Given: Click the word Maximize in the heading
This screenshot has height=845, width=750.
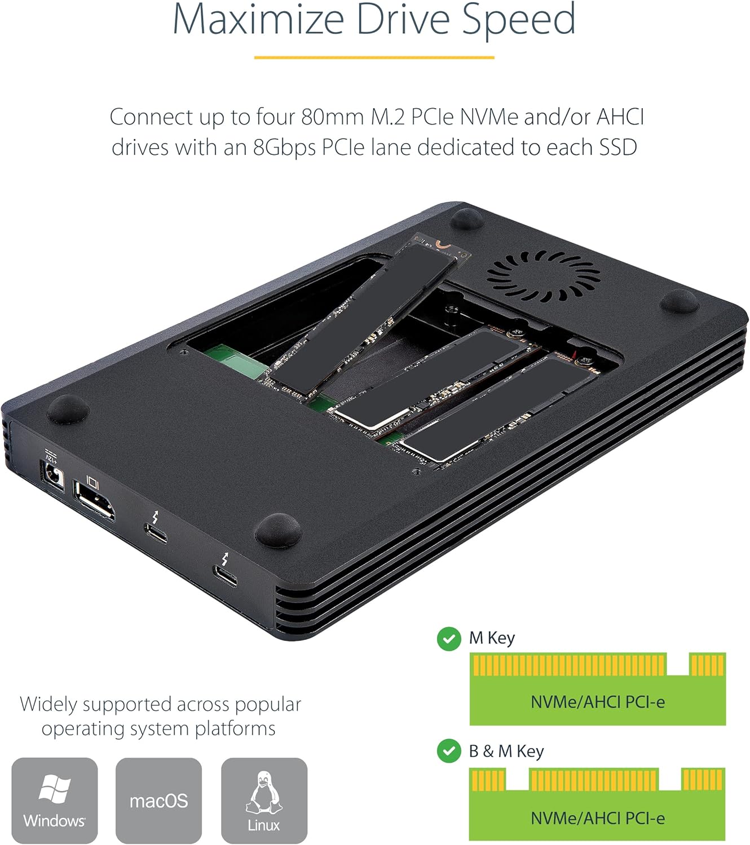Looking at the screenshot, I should [258, 20].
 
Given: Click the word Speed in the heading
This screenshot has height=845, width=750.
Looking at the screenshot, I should [518, 20].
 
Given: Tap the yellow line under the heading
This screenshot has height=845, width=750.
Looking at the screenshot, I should [374, 57].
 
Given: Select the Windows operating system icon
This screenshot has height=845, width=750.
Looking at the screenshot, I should [54, 800].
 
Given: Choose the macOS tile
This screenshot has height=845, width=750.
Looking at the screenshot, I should [158, 800].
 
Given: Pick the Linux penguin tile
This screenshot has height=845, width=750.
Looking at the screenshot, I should [264, 800].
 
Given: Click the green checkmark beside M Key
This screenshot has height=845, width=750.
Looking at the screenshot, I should [449, 639].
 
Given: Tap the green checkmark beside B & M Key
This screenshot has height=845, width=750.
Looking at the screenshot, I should [449, 751].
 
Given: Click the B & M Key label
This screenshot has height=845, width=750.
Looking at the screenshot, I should [506, 751].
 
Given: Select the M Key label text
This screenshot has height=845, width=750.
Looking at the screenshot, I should [492, 638].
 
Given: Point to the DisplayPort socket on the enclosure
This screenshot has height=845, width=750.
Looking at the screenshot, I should [94, 499].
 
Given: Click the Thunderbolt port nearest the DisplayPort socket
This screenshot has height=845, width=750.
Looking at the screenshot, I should [156, 532].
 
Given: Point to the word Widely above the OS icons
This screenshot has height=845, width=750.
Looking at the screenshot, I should [47, 704].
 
